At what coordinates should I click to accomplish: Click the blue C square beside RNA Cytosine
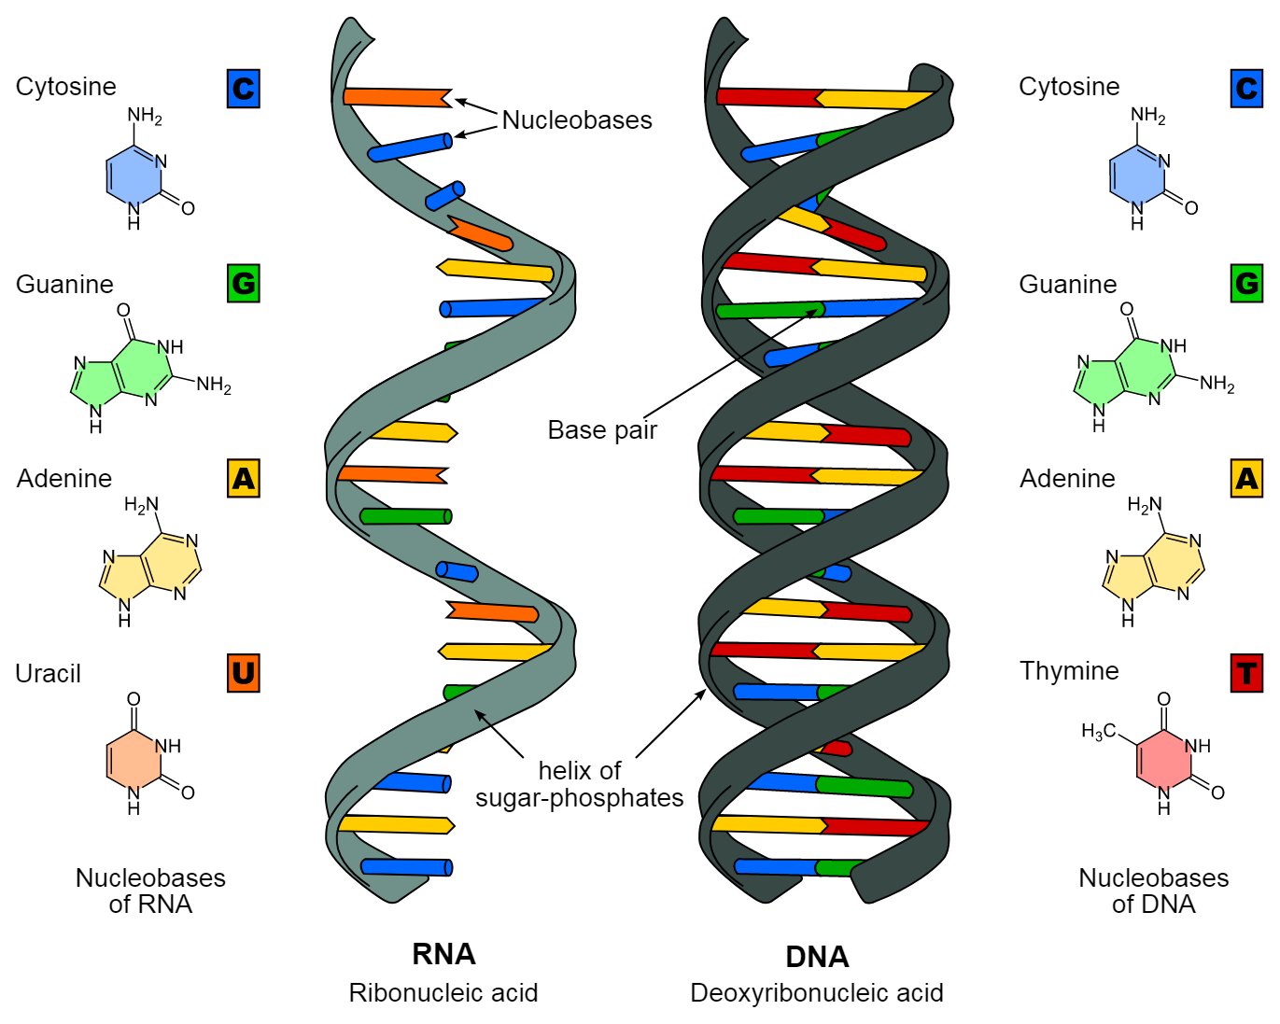(244, 89)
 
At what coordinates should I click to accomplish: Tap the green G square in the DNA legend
(1246, 284)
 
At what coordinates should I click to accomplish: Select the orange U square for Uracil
(244, 673)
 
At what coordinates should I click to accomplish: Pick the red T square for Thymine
(1246, 673)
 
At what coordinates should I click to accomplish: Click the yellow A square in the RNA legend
(244, 478)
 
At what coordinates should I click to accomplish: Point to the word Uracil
(48, 674)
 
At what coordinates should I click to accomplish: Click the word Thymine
(1069, 671)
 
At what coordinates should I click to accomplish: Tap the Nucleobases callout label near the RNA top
(577, 120)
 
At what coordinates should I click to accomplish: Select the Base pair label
(602, 430)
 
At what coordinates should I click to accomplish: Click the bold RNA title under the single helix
(443, 954)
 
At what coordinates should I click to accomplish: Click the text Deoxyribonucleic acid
(817, 993)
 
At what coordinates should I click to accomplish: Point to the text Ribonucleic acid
(443, 993)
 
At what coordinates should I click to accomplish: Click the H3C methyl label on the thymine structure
(1098, 731)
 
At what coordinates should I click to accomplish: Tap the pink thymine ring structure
(1163, 754)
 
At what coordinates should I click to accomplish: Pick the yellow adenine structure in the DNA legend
(1153, 562)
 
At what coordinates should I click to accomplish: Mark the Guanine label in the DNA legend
(1068, 285)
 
